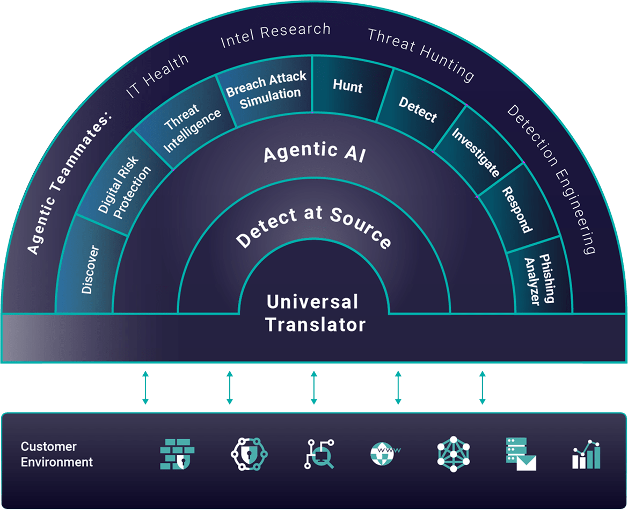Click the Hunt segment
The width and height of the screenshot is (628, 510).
pos(348,86)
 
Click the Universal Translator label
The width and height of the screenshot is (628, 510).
pos(315,313)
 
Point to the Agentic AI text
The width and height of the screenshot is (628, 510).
pos(315,154)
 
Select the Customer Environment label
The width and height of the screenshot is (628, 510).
pos(56,454)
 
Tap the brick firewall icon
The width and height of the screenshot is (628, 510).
pos(177,454)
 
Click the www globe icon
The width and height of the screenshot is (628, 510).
pos(386,454)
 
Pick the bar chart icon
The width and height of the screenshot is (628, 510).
pos(586,454)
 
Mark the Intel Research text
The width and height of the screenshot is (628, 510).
pos(275,35)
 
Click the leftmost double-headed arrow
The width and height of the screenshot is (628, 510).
pos(145,387)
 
